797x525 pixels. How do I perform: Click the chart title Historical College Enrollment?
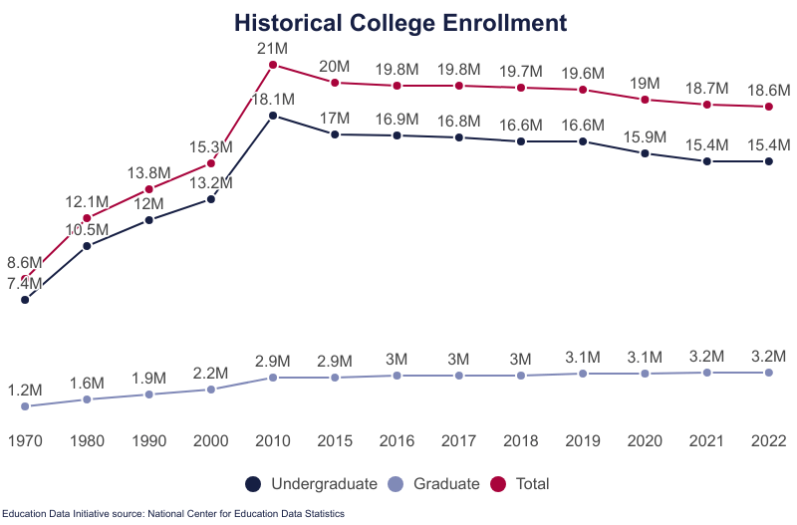pos(399,23)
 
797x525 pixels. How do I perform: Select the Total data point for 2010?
pos(273,66)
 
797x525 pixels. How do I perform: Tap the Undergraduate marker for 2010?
pos(273,116)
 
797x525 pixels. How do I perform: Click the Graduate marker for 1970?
pos(25,406)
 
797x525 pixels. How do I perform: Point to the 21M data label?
pos(273,48)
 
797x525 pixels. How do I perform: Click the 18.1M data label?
pos(273,99)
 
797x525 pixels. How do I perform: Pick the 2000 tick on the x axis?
pos(211,440)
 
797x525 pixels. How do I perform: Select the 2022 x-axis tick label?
pos(768,440)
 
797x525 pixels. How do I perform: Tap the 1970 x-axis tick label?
pos(25,440)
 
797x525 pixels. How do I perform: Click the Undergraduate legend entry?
pos(311,484)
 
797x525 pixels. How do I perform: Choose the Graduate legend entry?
pos(435,484)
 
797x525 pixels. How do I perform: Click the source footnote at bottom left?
pos(173,514)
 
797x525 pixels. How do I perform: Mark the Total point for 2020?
pos(645,100)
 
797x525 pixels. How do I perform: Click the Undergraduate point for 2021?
pos(706,160)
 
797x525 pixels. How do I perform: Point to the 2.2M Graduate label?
pos(211,373)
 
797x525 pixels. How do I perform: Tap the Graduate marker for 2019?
pos(583,374)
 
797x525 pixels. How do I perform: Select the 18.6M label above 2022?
pos(768,90)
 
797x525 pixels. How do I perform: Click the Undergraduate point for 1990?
pos(149,219)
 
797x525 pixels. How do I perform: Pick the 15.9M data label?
pos(645,136)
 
